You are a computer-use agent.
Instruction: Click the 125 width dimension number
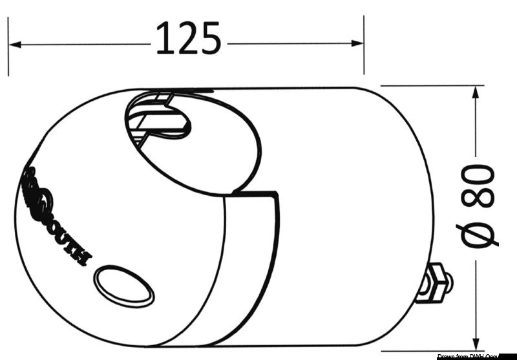point(189,39)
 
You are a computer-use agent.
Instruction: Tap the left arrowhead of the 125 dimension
point(16,45)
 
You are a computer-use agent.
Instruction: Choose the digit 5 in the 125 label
point(209,39)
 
